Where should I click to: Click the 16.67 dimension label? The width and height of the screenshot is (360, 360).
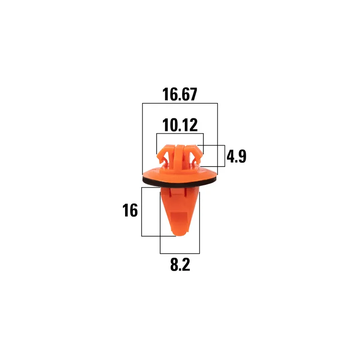[x=180, y=94]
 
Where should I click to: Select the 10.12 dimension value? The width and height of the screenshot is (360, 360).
[x=180, y=125]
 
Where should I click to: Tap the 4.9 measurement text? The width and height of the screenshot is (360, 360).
[x=237, y=156]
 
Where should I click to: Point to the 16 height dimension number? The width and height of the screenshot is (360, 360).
[x=130, y=210]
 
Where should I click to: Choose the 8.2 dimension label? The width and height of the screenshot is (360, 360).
[x=180, y=265]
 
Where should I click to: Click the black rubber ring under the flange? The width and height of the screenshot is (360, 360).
[x=180, y=182]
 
